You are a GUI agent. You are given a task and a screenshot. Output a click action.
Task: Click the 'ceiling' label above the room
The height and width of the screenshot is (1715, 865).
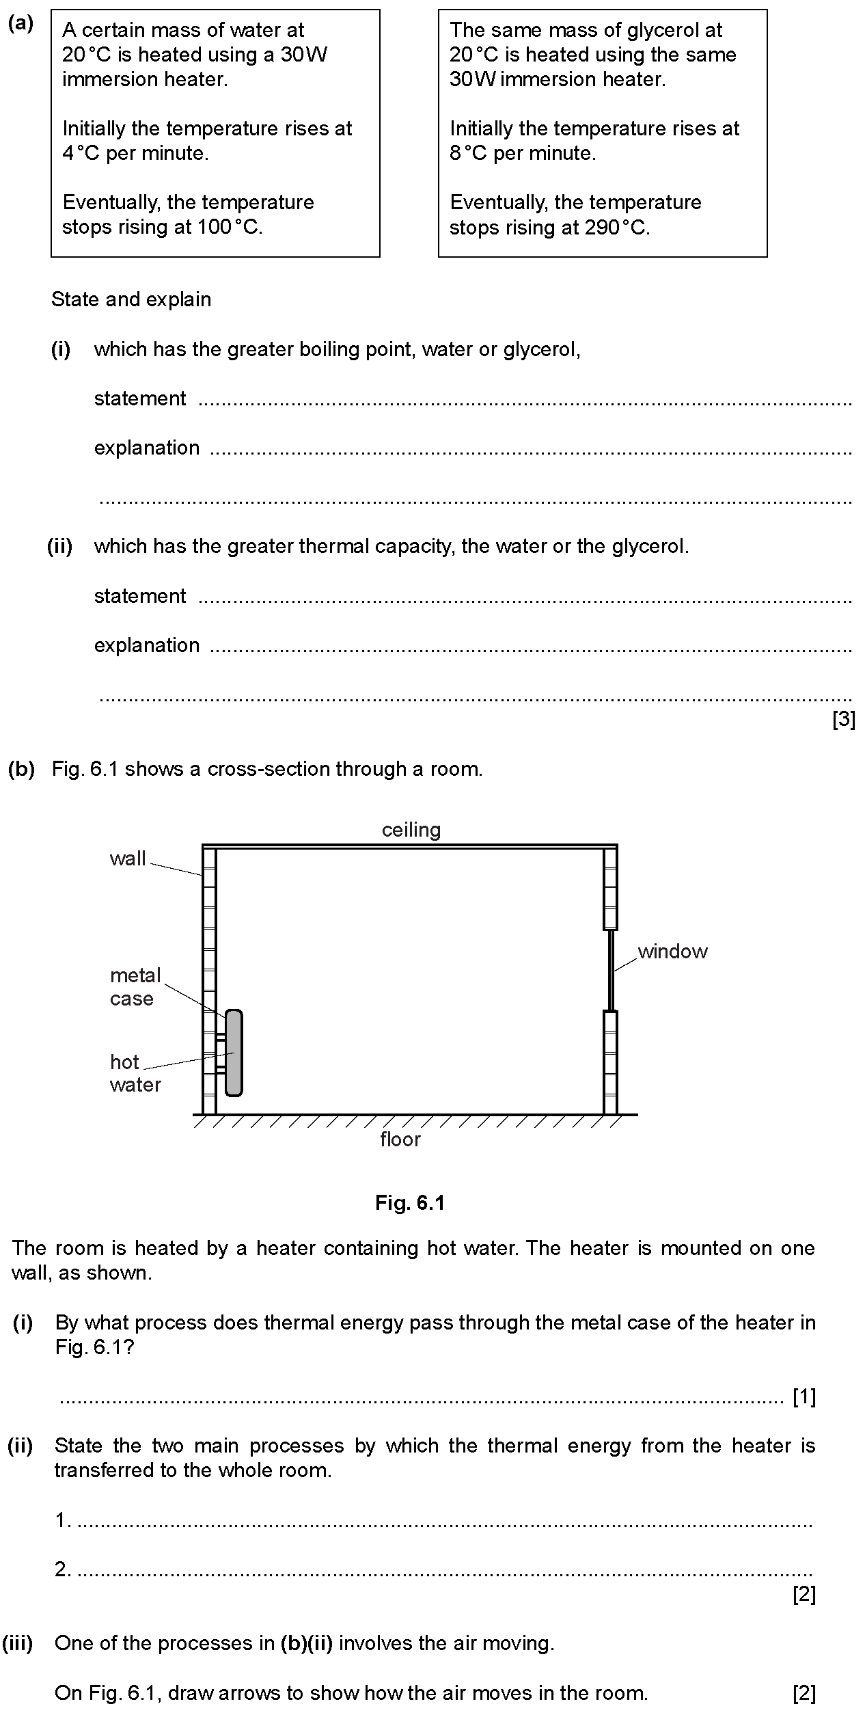[411, 830]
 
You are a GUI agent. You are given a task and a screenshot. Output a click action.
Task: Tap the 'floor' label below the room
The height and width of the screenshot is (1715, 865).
[400, 1139]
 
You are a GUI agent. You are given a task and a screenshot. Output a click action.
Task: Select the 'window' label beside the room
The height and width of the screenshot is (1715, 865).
[672, 951]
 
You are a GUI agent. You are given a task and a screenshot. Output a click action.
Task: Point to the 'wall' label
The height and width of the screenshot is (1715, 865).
[128, 859]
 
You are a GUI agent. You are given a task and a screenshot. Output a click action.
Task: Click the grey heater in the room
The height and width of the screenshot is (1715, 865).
[234, 1053]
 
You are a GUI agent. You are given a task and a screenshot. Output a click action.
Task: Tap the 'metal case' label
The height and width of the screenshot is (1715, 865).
[135, 986]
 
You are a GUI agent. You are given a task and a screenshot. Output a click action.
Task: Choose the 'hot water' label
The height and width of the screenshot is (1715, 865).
[135, 1073]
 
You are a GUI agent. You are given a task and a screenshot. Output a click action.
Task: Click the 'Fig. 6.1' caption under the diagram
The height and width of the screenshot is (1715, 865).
[410, 1203]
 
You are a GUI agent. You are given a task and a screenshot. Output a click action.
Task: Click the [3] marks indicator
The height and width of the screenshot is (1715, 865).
[844, 719]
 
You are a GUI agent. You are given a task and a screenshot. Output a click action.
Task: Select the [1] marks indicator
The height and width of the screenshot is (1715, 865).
[804, 1397]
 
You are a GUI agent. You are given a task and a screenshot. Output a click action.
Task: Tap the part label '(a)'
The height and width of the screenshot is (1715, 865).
[20, 24]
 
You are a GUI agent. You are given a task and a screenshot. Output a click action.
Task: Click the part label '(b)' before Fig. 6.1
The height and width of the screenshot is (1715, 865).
[20, 769]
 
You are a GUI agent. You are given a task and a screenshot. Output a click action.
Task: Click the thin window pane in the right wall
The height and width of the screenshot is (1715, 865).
[611, 970]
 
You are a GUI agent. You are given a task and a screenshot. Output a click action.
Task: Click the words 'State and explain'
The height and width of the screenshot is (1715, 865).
[131, 299]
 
